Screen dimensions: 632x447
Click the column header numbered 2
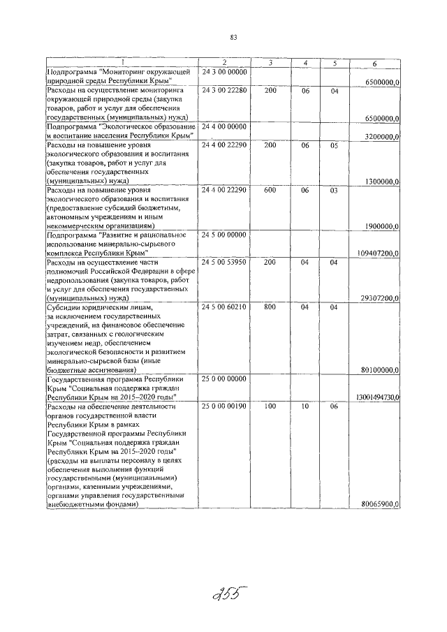(224, 64)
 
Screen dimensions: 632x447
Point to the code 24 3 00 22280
(224, 91)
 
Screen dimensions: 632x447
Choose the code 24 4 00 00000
(224, 126)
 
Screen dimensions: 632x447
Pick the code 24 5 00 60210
(224, 307)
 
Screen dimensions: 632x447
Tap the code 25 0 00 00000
(224, 379)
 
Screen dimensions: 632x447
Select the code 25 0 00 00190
(224, 406)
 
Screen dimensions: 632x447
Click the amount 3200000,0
(381, 137)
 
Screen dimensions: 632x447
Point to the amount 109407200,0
(378, 253)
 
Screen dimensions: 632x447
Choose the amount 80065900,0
(379, 504)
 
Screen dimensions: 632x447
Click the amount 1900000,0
(381, 226)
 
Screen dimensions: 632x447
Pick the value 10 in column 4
(305, 406)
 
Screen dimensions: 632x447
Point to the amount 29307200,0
(379, 298)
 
